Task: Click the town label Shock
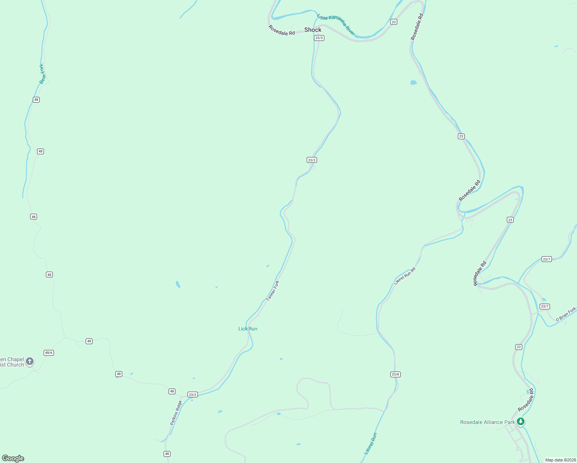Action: [313, 30]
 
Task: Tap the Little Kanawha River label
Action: [336, 25]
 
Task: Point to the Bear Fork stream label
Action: [42, 74]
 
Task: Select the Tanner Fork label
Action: [273, 291]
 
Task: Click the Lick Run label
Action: [248, 329]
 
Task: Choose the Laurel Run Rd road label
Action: [405, 276]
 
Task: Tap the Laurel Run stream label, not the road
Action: [371, 443]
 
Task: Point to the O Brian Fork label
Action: [566, 314]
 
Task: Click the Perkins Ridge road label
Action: [176, 413]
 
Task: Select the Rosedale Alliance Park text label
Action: [488, 422]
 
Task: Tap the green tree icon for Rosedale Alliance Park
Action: [521, 422]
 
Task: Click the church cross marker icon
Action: [30, 362]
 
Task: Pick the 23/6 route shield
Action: [395, 374]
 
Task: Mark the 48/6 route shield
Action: [49, 353]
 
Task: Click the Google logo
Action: [13, 458]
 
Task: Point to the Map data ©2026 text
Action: [560, 460]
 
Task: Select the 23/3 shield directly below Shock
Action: [319, 38]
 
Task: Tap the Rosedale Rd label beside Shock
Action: [282, 30]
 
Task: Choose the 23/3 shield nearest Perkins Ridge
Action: [192, 394]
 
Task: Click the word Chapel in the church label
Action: [15, 359]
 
